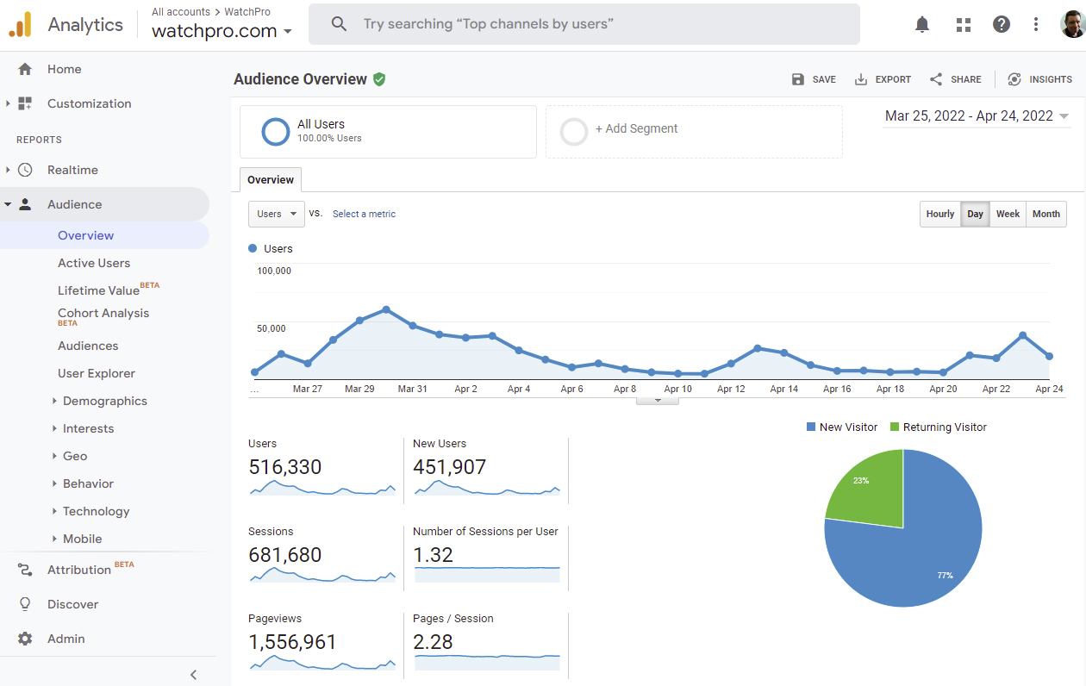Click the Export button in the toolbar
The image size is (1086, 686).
(883, 79)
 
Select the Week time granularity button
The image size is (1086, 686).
(1008, 214)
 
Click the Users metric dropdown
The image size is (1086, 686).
(276, 214)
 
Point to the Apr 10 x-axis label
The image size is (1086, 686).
(677, 390)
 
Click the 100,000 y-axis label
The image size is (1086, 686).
(274, 271)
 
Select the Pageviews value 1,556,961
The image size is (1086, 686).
(292, 642)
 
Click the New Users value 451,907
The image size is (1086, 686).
(449, 467)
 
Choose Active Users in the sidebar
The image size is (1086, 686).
(94, 263)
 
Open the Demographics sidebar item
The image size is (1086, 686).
(104, 401)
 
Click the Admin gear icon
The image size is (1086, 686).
(25, 639)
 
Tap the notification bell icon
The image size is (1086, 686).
(922, 24)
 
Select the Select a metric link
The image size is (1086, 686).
(364, 214)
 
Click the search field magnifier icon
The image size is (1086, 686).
(339, 24)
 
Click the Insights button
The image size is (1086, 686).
(1039, 79)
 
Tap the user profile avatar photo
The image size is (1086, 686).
(1072, 24)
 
